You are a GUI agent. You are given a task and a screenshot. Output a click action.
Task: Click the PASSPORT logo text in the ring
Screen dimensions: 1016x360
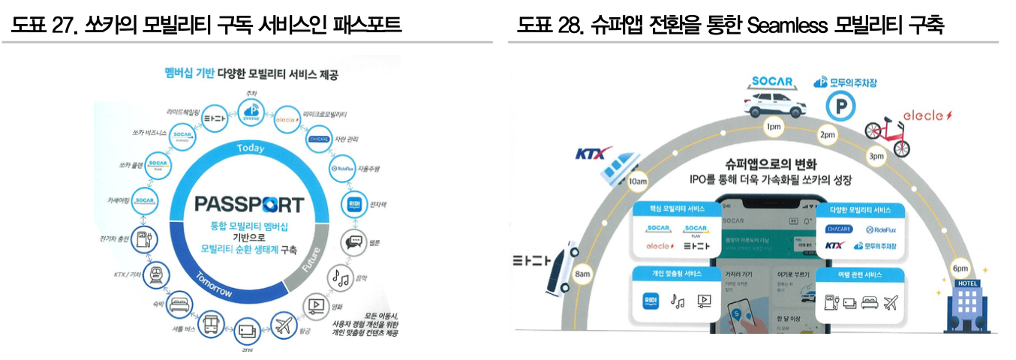(249, 204)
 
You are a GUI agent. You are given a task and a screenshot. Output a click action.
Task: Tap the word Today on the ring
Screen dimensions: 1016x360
(250, 148)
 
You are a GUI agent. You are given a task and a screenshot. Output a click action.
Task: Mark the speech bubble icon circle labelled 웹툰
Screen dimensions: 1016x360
(353, 241)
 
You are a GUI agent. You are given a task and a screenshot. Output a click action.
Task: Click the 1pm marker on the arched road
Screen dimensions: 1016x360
(774, 127)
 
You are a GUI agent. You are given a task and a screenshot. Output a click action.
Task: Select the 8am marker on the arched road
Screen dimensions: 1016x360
(582, 274)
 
